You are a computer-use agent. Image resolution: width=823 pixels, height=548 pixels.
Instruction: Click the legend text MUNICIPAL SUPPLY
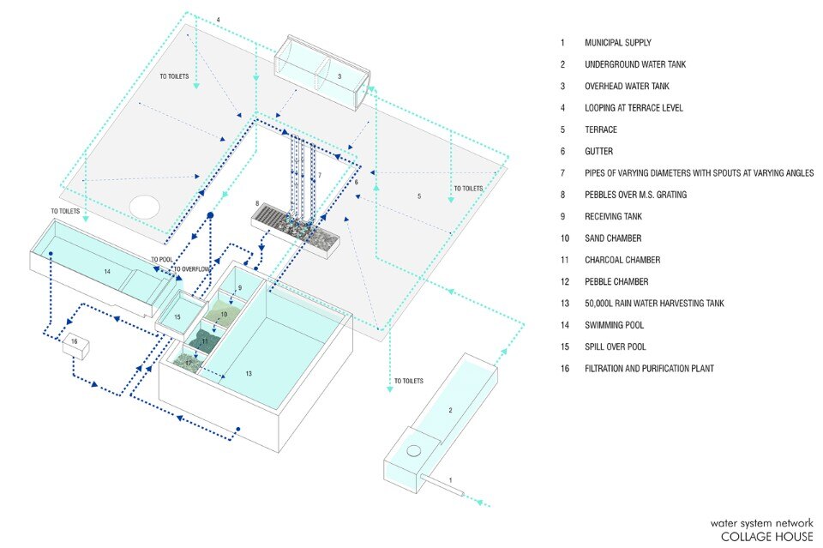(x=617, y=42)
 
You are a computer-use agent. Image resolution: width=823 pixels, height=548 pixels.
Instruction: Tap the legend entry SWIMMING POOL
(x=614, y=325)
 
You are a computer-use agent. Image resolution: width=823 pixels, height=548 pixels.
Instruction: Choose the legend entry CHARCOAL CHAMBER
(x=622, y=260)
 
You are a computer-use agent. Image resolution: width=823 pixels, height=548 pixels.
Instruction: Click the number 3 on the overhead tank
(x=339, y=77)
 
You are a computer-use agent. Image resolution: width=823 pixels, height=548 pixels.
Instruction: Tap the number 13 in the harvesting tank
(x=249, y=373)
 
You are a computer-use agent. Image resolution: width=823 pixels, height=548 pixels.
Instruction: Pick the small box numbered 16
(x=75, y=343)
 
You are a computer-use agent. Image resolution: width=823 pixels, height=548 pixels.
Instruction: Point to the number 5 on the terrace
(x=418, y=196)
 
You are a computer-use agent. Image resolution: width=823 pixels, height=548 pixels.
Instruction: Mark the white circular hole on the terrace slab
(x=145, y=207)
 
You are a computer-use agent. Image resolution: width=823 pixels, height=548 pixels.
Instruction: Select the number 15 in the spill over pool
(x=177, y=317)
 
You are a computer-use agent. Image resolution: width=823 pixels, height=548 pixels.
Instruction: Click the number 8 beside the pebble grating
(x=256, y=203)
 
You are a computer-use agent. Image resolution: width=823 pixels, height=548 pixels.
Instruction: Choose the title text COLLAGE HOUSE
(x=766, y=537)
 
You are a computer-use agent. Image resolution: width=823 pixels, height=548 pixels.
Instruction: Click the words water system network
(x=761, y=522)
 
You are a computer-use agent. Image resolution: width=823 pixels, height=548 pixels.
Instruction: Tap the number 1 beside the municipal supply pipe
(x=451, y=480)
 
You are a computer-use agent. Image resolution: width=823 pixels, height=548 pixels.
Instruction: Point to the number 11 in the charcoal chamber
(x=204, y=340)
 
